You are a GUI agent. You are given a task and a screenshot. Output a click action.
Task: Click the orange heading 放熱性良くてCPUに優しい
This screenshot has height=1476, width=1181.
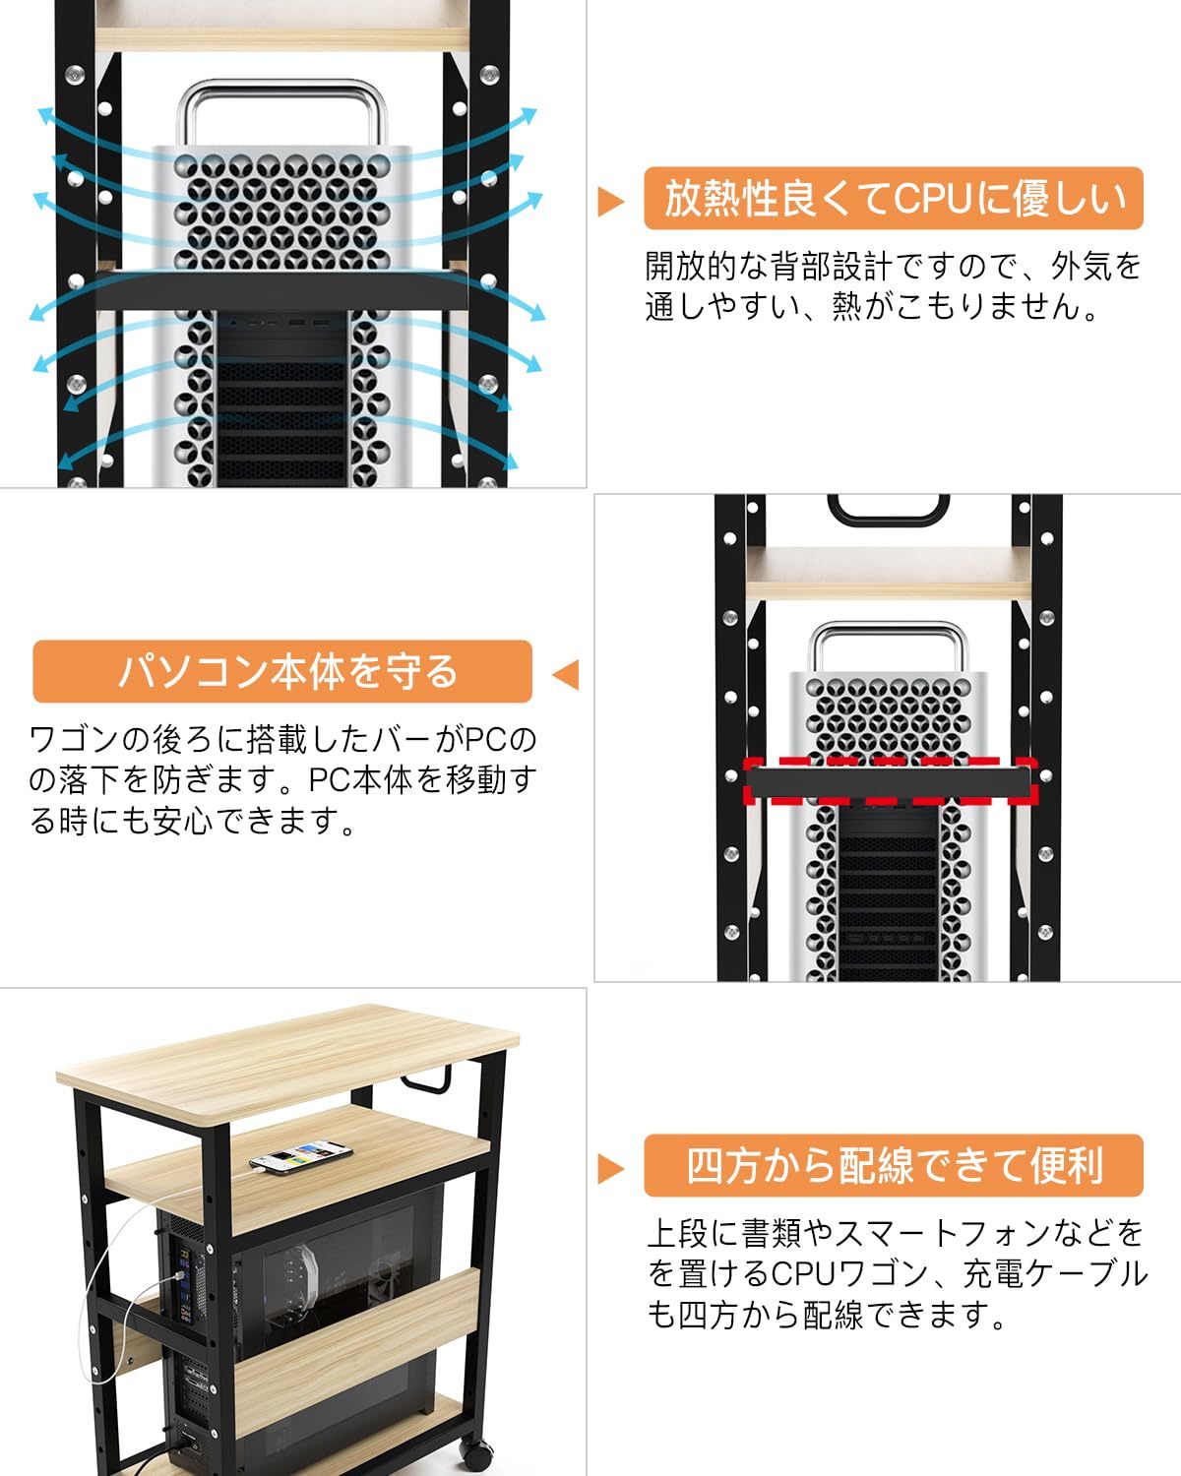(893, 199)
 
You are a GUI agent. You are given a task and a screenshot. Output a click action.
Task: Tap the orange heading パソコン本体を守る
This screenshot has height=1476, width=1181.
(282, 671)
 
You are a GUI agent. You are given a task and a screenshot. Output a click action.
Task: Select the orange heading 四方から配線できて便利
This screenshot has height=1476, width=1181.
(893, 1165)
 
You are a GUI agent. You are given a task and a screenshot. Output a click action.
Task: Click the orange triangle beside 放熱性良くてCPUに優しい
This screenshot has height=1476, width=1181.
(610, 202)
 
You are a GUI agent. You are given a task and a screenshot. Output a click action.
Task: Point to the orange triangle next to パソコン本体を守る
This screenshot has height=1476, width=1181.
(566, 675)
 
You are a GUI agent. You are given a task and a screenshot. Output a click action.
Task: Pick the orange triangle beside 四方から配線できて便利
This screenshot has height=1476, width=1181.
(610, 1168)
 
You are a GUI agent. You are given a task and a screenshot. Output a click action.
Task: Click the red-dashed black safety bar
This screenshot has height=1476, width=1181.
(891, 781)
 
